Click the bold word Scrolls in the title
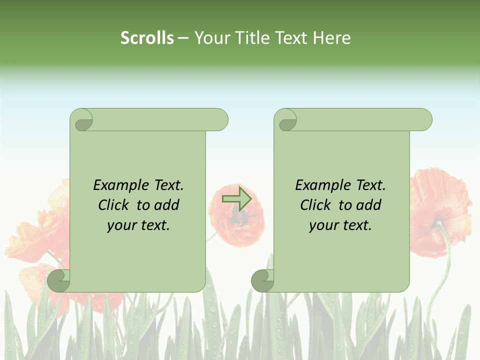click(147, 38)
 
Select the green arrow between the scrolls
click(236, 199)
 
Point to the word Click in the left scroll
click(114, 205)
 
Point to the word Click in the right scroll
click(316, 205)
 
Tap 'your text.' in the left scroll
click(138, 225)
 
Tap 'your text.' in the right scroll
click(340, 225)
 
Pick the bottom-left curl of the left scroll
click(59, 280)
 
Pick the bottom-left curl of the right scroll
click(262, 280)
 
